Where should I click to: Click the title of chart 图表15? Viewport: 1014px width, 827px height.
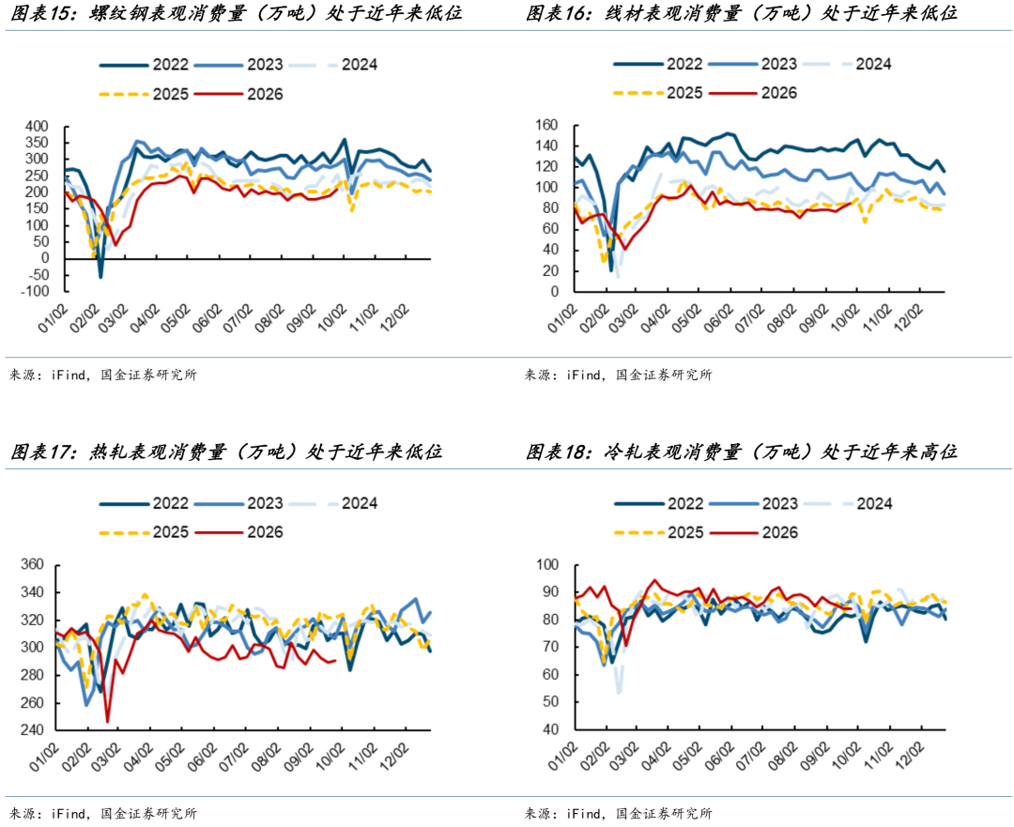tap(237, 13)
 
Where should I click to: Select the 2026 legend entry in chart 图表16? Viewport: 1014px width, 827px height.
tap(753, 93)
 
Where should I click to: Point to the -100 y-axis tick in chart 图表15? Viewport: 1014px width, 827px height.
tap(37, 292)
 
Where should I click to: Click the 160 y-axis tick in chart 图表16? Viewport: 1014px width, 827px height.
tap(545, 126)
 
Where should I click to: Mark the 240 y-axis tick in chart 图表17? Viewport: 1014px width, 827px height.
tap(32, 730)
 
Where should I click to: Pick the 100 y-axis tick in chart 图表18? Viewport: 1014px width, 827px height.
tap(547, 565)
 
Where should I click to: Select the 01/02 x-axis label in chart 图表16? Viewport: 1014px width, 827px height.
tap(561, 319)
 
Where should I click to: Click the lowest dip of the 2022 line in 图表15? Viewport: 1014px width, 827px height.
tap(100, 278)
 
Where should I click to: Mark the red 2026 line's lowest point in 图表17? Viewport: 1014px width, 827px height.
tap(107, 722)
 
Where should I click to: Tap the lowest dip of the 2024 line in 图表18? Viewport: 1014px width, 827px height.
tap(619, 693)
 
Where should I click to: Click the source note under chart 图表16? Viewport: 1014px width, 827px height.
tap(618, 375)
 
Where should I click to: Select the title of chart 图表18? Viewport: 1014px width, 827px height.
tap(741, 452)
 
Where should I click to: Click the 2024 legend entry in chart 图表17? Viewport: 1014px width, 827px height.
tap(332, 503)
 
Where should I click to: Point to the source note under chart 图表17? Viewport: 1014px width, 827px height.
tap(103, 814)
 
